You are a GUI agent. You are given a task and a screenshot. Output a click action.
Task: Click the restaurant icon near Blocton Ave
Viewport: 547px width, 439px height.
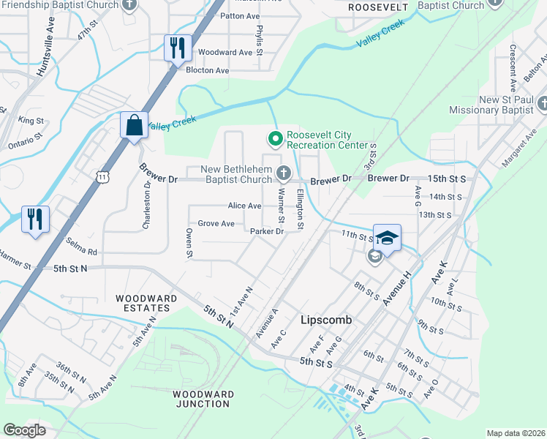[178, 48]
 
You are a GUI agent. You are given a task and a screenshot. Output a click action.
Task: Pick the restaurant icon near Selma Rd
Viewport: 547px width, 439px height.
[34, 218]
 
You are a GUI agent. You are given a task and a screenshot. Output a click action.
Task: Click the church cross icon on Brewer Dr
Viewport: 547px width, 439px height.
[283, 173]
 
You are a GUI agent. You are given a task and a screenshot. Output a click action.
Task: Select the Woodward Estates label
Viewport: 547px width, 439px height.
[146, 304]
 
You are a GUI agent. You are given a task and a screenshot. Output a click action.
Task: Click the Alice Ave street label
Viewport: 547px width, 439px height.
[244, 206]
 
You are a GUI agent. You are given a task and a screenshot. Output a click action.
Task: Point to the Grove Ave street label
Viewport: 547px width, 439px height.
[216, 223]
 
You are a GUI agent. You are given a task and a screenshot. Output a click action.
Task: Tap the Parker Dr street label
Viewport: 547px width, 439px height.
[266, 231]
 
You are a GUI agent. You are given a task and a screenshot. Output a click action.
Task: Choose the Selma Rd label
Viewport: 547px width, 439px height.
[83, 251]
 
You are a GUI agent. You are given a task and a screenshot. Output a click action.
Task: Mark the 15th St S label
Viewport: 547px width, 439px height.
[448, 179]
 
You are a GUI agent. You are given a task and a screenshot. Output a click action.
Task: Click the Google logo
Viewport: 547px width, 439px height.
[24, 430]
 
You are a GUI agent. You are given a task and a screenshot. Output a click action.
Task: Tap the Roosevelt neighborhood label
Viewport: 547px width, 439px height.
[377, 7]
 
